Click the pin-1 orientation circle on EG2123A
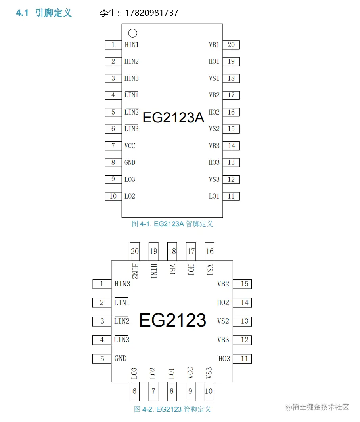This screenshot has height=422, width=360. point(133,33)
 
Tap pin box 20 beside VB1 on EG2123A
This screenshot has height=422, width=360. point(231,45)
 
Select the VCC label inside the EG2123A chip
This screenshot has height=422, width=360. point(130,146)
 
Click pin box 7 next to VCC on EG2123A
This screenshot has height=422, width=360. point(113,146)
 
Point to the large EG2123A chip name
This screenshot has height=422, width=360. point(173,117)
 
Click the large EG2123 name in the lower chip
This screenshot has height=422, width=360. point(173,320)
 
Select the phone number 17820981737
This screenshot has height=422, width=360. point(151,13)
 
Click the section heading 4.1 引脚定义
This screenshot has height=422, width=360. point(44,13)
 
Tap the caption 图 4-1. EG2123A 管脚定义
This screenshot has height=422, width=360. point(172,224)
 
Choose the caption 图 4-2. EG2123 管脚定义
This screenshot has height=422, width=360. point(172,409)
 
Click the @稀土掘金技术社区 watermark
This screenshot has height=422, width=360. point(317,407)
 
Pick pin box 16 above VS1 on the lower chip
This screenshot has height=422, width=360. point(209,251)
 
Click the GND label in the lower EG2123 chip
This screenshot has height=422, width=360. point(121,358)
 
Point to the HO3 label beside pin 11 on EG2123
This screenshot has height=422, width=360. point(224,359)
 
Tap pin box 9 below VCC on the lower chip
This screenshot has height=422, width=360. point(190,391)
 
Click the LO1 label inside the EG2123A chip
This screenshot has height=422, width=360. point(214,196)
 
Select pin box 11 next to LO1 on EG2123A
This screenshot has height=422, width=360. point(231,196)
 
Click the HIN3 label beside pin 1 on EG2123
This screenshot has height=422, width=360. point(122,284)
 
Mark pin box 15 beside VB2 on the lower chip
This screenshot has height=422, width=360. point(245,284)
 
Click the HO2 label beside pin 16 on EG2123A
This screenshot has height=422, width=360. point(214,112)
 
